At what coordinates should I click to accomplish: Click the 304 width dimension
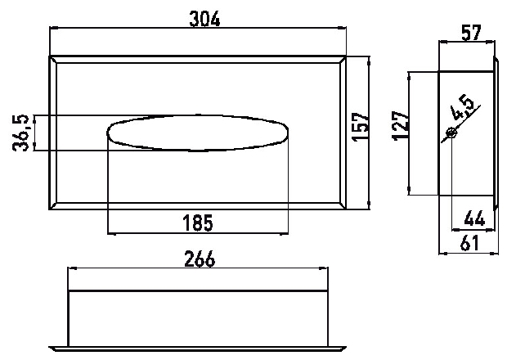204,19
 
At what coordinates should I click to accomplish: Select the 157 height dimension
360,127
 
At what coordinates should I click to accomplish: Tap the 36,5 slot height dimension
21,133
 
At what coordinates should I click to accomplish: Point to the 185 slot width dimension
198,223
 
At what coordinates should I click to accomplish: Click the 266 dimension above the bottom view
200,259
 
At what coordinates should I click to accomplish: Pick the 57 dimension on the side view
472,33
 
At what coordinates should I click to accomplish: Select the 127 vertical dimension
401,126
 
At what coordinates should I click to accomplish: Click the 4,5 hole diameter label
463,107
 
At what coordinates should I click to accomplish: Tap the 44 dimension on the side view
474,218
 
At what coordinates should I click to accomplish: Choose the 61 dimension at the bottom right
469,243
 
